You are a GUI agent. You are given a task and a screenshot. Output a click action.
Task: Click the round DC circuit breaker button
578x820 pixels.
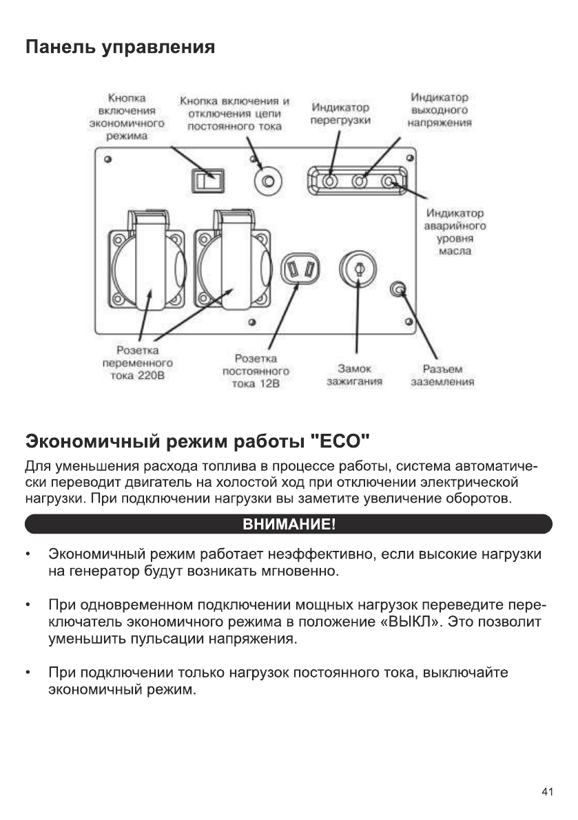[267, 182]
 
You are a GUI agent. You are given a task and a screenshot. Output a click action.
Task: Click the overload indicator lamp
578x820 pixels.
[331, 182]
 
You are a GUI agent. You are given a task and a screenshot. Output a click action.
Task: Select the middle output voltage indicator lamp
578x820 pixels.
[360, 182]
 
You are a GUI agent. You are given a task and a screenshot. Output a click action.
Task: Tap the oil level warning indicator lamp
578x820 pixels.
[389, 182]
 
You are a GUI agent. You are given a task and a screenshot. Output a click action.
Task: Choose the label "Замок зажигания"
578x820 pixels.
[355, 375]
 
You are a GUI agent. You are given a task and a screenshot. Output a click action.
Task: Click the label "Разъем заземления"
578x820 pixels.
[442, 375]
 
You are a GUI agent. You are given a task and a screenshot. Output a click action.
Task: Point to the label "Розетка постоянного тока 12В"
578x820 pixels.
[256, 371]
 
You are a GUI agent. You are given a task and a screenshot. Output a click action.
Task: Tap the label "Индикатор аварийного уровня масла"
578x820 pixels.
[455, 232]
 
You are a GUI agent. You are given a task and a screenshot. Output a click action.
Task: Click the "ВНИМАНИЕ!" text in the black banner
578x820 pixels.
[289, 525]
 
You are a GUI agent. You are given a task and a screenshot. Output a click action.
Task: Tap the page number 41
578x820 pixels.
[547, 792]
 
